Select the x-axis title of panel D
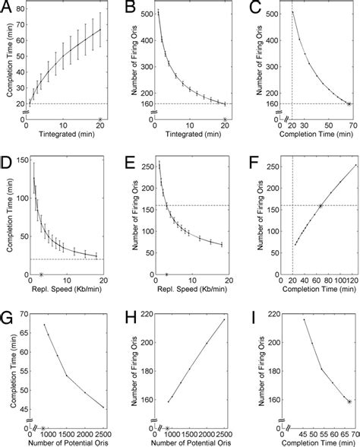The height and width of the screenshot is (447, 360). click(63, 290)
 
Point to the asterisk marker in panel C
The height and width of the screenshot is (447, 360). click(349, 103)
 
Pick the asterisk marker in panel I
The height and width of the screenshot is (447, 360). click(349, 401)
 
